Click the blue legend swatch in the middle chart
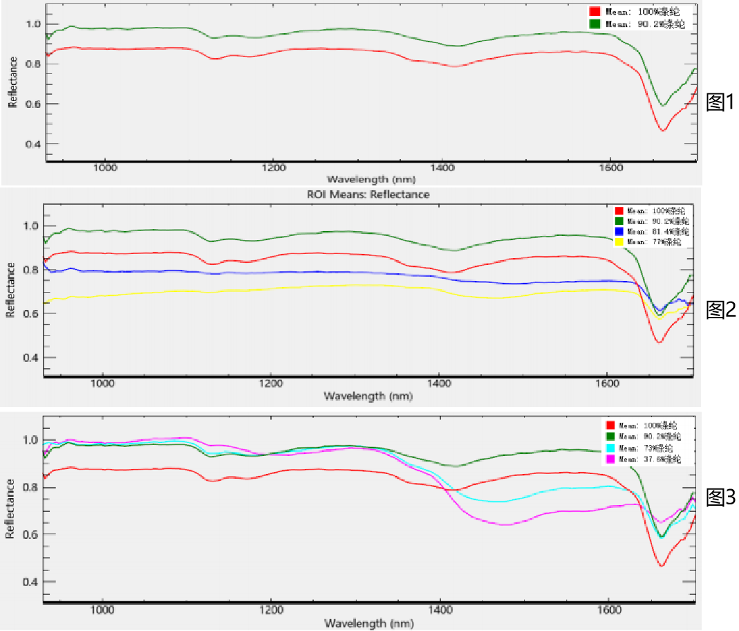(619, 231)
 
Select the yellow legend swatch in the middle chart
(619, 242)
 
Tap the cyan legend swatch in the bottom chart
(610, 448)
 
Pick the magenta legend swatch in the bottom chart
(610, 459)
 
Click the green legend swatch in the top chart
(595, 24)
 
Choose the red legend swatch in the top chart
(595, 12)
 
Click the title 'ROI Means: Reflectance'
(368, 194)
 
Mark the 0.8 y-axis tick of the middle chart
(32, 269)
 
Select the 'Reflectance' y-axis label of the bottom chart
(10, 509)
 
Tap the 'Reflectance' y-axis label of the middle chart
(10, 289)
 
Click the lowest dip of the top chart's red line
(663, 130)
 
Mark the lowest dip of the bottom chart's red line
(661, 566)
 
